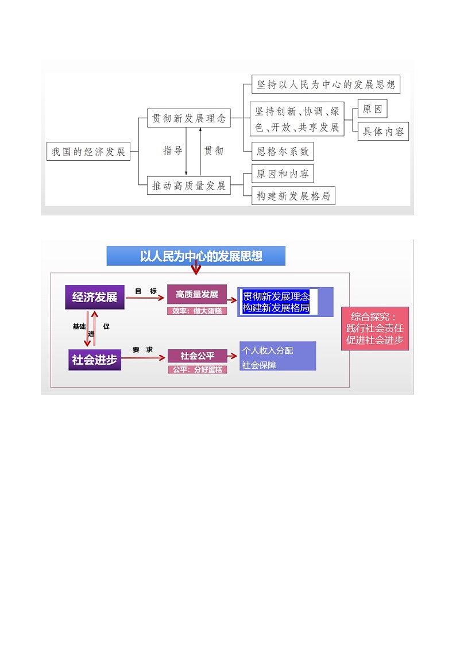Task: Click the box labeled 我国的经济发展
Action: tap(88, 152)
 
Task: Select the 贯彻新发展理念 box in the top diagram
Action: tap(188, 119)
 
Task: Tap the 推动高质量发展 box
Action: tap(188, 186)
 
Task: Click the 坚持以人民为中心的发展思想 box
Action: tap(326, 85)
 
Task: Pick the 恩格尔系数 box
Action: tap(283, 152)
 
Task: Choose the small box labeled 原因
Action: tap(372, 109)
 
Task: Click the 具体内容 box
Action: tap(383, 132)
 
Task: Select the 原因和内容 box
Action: tap(283, 173)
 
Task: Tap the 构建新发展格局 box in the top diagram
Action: tap(293, 196)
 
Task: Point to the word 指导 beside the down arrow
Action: tap(173, 150)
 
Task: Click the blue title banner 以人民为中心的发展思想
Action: tap(196, 256)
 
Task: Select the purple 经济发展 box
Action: tap(95, 297)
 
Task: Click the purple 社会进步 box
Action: tap(95, 360)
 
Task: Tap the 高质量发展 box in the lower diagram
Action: tap(197, 294)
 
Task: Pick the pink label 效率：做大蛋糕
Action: tap(197, 311)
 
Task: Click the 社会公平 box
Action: tap(197, 356)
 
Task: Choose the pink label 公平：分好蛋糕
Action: tap(197, 370)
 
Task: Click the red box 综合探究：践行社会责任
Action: tap(375, 329)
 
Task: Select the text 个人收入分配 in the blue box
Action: tap(268, 350)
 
